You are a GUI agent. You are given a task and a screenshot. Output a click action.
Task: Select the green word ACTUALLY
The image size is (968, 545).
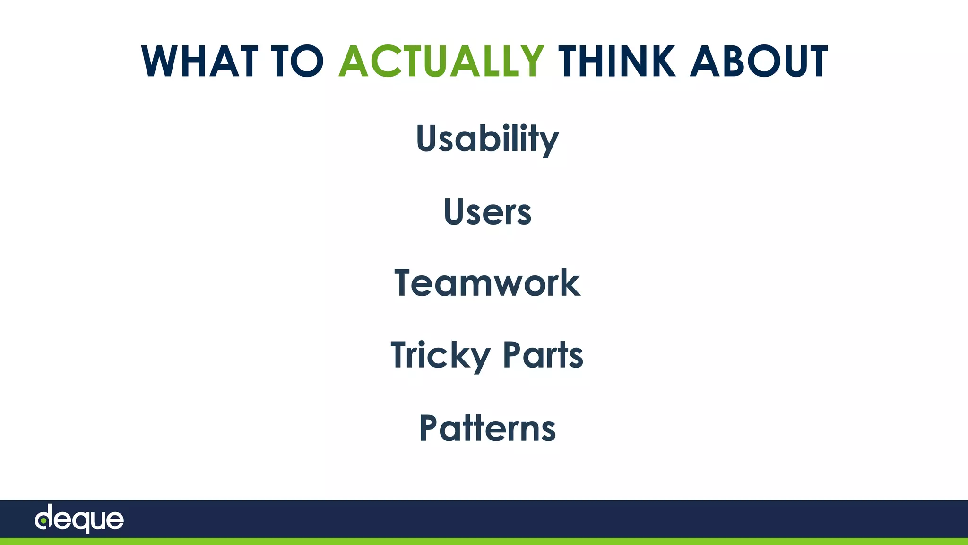point(441,61)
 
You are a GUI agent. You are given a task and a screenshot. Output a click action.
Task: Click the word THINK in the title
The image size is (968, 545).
point(617,61)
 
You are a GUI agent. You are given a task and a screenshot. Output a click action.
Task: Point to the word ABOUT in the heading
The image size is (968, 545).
point(759,61)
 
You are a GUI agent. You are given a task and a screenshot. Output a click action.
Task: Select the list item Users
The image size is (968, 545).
point(487,211)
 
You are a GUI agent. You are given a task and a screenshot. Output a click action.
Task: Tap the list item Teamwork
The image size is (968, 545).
point(487,283)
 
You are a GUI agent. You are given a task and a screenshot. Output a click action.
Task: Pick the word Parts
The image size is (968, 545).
point(543,355)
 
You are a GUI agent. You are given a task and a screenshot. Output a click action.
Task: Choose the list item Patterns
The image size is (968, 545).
point(487,428)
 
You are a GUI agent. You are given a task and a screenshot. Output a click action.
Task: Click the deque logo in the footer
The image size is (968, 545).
point(79,519)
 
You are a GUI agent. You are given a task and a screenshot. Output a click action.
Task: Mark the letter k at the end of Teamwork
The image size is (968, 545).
point(571,283)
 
